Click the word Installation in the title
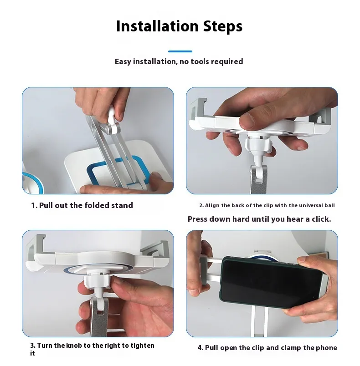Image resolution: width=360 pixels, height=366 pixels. [158, 26]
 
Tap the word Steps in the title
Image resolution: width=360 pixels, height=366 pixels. [223, 26]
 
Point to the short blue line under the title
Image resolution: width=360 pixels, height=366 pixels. [180, 51]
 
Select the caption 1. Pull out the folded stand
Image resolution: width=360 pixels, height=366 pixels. [82, 205]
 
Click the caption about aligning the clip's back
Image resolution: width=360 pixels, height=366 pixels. [267, 205]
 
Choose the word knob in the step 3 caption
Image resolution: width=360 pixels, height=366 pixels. [74, 346]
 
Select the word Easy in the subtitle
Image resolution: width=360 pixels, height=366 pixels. [123, 62]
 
